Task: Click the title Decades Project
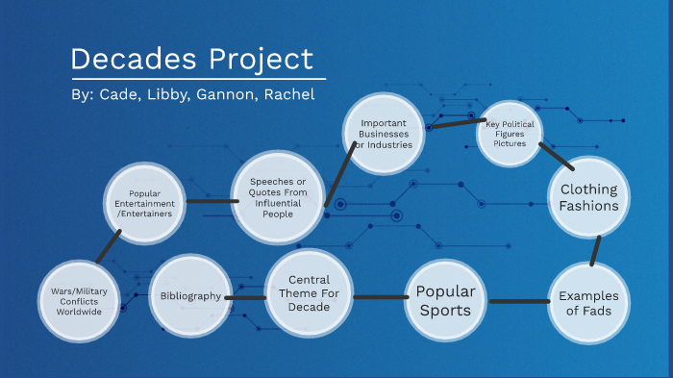[x=192, y=59]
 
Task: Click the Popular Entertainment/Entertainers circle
[x=144, y=204]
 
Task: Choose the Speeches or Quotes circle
[x=278, y=197]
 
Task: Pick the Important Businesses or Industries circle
[x=386, y=133]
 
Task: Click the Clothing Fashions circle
[x=588, y=198]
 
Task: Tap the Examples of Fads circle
[x=588, y=303]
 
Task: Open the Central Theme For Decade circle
[x=308, y=294]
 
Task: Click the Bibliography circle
[x=191, y=296]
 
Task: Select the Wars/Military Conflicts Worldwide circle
[x=78, y=299]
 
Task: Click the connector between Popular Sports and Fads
[x=519, y=302]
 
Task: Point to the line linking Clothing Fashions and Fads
[x=596, y=251]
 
